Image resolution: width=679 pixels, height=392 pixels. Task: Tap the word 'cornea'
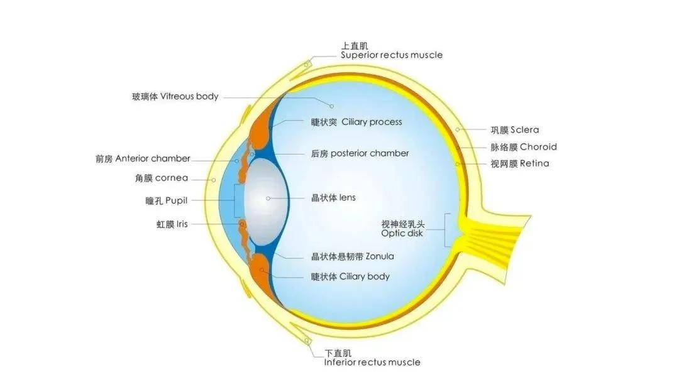pyautogui.click(x=172, y=178)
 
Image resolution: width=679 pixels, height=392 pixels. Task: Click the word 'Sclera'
pyautogui.click(x=524, y=130)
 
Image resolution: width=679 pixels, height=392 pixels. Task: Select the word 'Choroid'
pyautogui.click(x=538, y=146)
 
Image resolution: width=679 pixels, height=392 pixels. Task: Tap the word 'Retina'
pyautogui.click(x=534, y=163)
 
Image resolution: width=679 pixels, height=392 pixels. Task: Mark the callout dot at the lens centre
pyautogui.click(x=268, y=198)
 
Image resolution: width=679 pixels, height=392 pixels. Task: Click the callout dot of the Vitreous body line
pyautogui.click(x=332, y=106)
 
